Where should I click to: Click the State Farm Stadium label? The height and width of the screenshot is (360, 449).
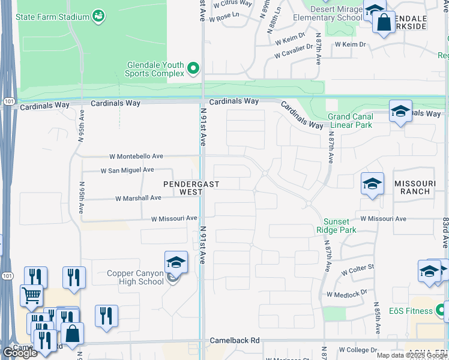(53, 17)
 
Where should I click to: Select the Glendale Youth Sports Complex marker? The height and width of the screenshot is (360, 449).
(193, 69)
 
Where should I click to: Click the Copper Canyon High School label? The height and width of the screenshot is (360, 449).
(135, 277)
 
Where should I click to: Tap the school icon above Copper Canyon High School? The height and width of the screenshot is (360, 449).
(176, 262)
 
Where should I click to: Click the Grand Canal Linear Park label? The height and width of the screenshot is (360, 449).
(350, 121)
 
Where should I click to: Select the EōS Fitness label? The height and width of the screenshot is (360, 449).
(411, 311)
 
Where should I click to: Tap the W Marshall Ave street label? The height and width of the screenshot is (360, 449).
(138, 198)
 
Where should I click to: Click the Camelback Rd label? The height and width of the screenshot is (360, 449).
(235, 340)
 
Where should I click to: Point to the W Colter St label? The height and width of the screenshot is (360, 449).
(358, 270)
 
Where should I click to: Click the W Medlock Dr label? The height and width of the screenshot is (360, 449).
(346, 294)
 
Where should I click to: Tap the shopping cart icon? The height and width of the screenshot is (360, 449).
(31, 295)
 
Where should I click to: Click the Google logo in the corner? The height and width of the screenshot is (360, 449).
(20, 353)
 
